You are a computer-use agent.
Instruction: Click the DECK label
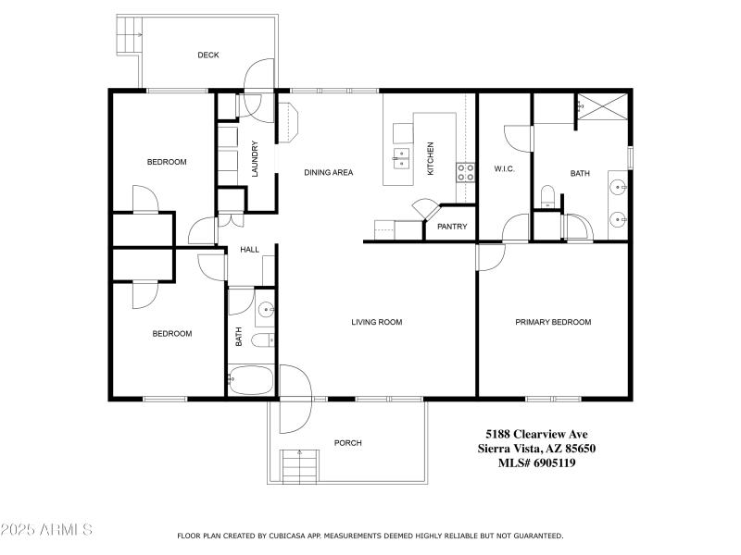pyautogui.click(x=208, y=55)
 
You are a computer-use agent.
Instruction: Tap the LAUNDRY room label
pyautogui.click(x=255, y=159)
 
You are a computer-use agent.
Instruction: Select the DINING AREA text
pyautogui.click(x=329, y=172)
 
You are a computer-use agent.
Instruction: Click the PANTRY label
pyautogui.click(x=452, y=227)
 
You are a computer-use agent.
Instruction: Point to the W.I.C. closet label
pyautogui.click(x=504, y=168)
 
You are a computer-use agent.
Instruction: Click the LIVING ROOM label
pyautogui.click(x=376, y=322)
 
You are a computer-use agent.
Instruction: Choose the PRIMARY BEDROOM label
pyautogui.click(x=553, y=322)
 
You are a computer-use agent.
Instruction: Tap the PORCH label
pyautogui.click(x=348, y=443)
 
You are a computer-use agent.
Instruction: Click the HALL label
pyautogui.click(x=250, y=250)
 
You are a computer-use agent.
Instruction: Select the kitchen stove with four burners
pyautogui.click(x=465, y=172)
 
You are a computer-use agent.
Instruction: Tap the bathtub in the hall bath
pyautogui.click(x=250, y=380)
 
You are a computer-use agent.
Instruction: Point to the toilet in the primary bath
pyautogui.click(x=547, y=195)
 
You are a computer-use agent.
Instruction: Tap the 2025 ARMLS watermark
pyautogui.click(x=46, y=530)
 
